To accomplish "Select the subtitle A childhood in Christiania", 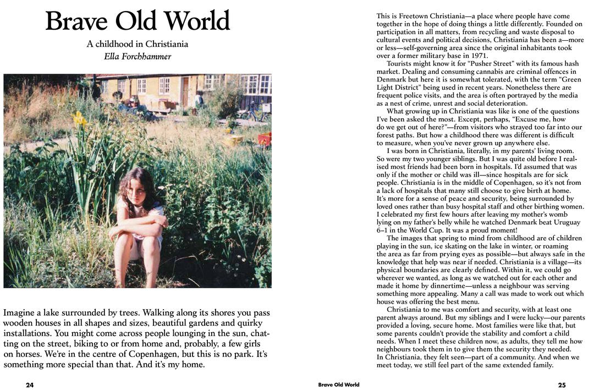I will (x=137, y=44).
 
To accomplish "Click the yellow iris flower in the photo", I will (x=80, y=118).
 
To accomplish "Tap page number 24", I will (x=30, y=385).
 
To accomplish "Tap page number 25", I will (x=562, y=385).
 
